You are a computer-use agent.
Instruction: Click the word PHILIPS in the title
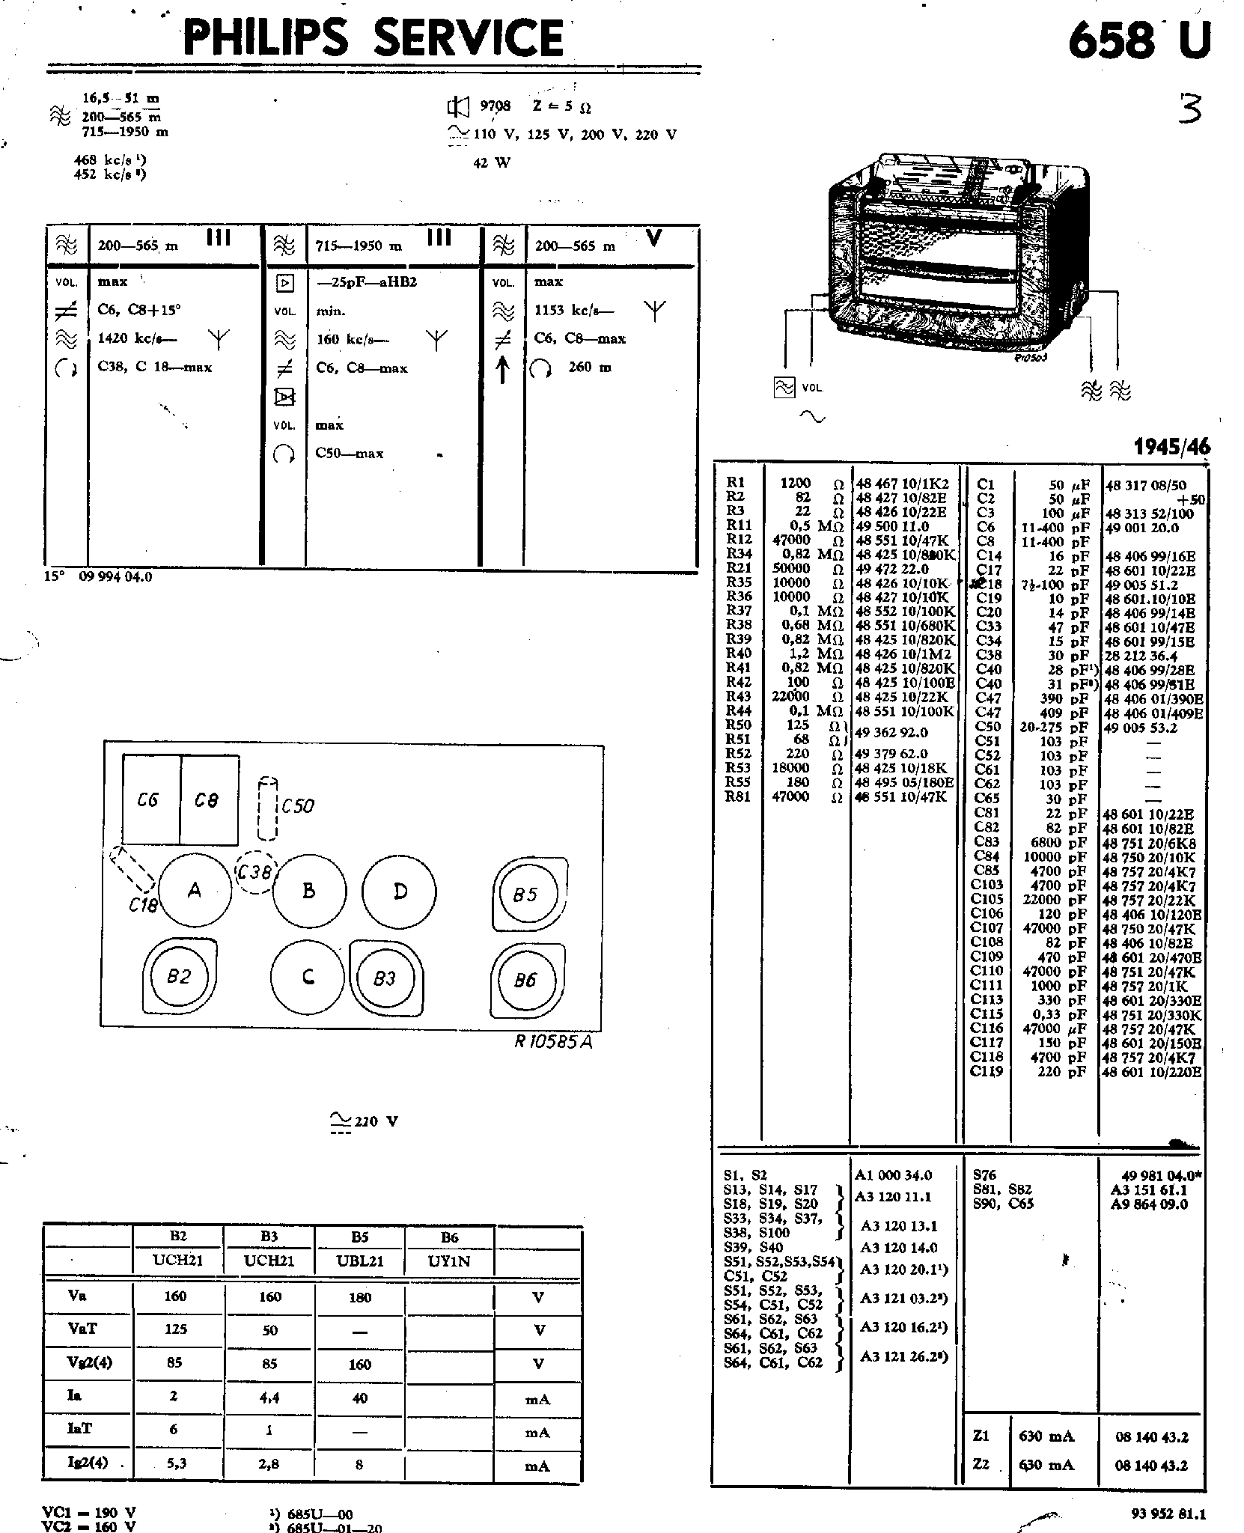tap(265, 39)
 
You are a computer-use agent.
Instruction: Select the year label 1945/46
tap(1171, 447)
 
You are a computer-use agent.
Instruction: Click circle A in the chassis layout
tap(195, 891)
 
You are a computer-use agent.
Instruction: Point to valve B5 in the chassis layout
tap(525, 894)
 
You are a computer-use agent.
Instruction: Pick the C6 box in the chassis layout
tap(149, 799)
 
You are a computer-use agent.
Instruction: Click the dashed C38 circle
tap(255, 873)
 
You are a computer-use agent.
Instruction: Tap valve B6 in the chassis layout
tap(525, 981)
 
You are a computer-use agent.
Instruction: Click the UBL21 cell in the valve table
tap(360, 1261)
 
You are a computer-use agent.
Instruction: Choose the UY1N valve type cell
tap(449, 1261)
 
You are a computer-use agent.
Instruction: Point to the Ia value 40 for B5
tap(360, 1398)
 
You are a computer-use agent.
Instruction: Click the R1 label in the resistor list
tap(735, 484)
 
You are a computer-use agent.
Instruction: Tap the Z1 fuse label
tap(981, 1436)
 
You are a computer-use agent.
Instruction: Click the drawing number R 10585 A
tap(553, 1042)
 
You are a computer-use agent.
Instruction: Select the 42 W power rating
tap(492, 163)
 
